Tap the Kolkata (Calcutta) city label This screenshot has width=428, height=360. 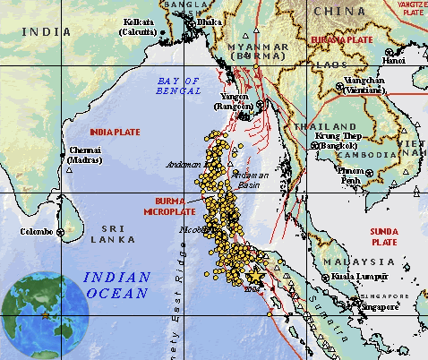pos(137,26)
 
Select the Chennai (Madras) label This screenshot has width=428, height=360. pos(84,156)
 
